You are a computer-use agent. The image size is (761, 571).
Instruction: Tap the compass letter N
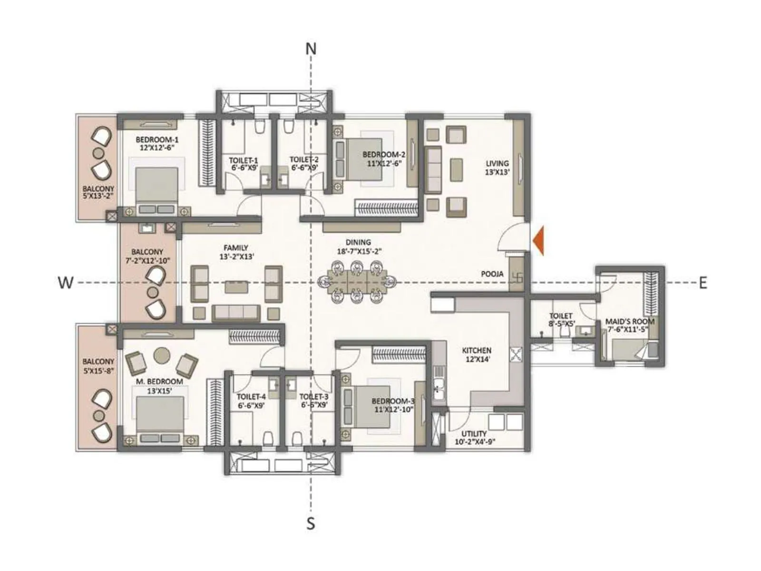tap(311, 49)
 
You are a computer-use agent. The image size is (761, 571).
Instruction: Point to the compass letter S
tap(311, 524)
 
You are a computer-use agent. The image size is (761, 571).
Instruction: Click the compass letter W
tap(66, 283)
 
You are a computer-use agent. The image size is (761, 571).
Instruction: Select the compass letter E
tap(702, 283)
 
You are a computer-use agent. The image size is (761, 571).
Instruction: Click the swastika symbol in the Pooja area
tap(517, 276)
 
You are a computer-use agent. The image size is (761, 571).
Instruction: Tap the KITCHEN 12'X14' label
tap(476, 354)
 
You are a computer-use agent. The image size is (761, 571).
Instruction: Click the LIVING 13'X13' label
tap(497, 167)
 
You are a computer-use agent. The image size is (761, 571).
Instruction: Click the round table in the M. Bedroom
tap(162, 355)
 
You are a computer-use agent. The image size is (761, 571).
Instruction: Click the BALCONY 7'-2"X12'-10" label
tap(147, 256)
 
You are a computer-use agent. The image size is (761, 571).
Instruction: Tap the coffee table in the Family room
tap(236, 287)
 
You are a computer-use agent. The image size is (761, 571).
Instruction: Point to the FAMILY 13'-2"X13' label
tap(236, 252)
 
